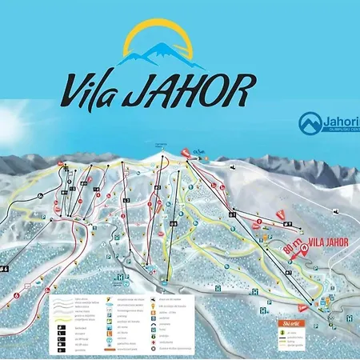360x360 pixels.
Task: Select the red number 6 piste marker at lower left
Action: (17, 295)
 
